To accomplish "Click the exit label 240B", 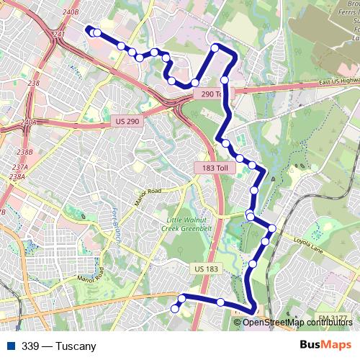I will coord(70,13).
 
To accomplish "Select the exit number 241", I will coord(59,34).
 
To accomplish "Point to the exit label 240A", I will coord(29,122).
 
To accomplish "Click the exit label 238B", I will coord(25,152).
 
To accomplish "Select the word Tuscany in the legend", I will coord(76,346).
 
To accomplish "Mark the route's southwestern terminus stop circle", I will coord(174,308).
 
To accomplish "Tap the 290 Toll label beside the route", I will coord(212,94).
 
